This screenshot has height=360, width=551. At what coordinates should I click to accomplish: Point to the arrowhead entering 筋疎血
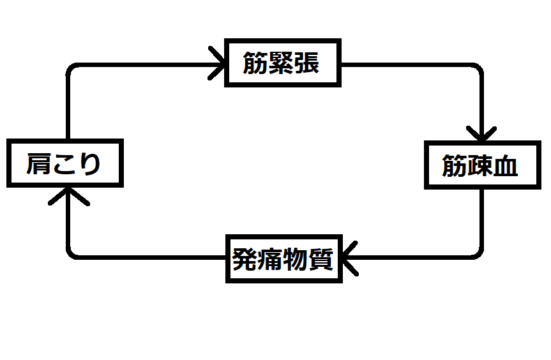point(481,135)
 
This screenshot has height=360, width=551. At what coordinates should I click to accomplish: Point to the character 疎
point(479,166)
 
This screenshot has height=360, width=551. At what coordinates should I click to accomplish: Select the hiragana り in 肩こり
point(89,163)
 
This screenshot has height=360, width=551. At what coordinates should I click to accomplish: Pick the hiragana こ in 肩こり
point(64,163)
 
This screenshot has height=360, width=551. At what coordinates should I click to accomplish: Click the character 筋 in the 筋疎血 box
point(455,166)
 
